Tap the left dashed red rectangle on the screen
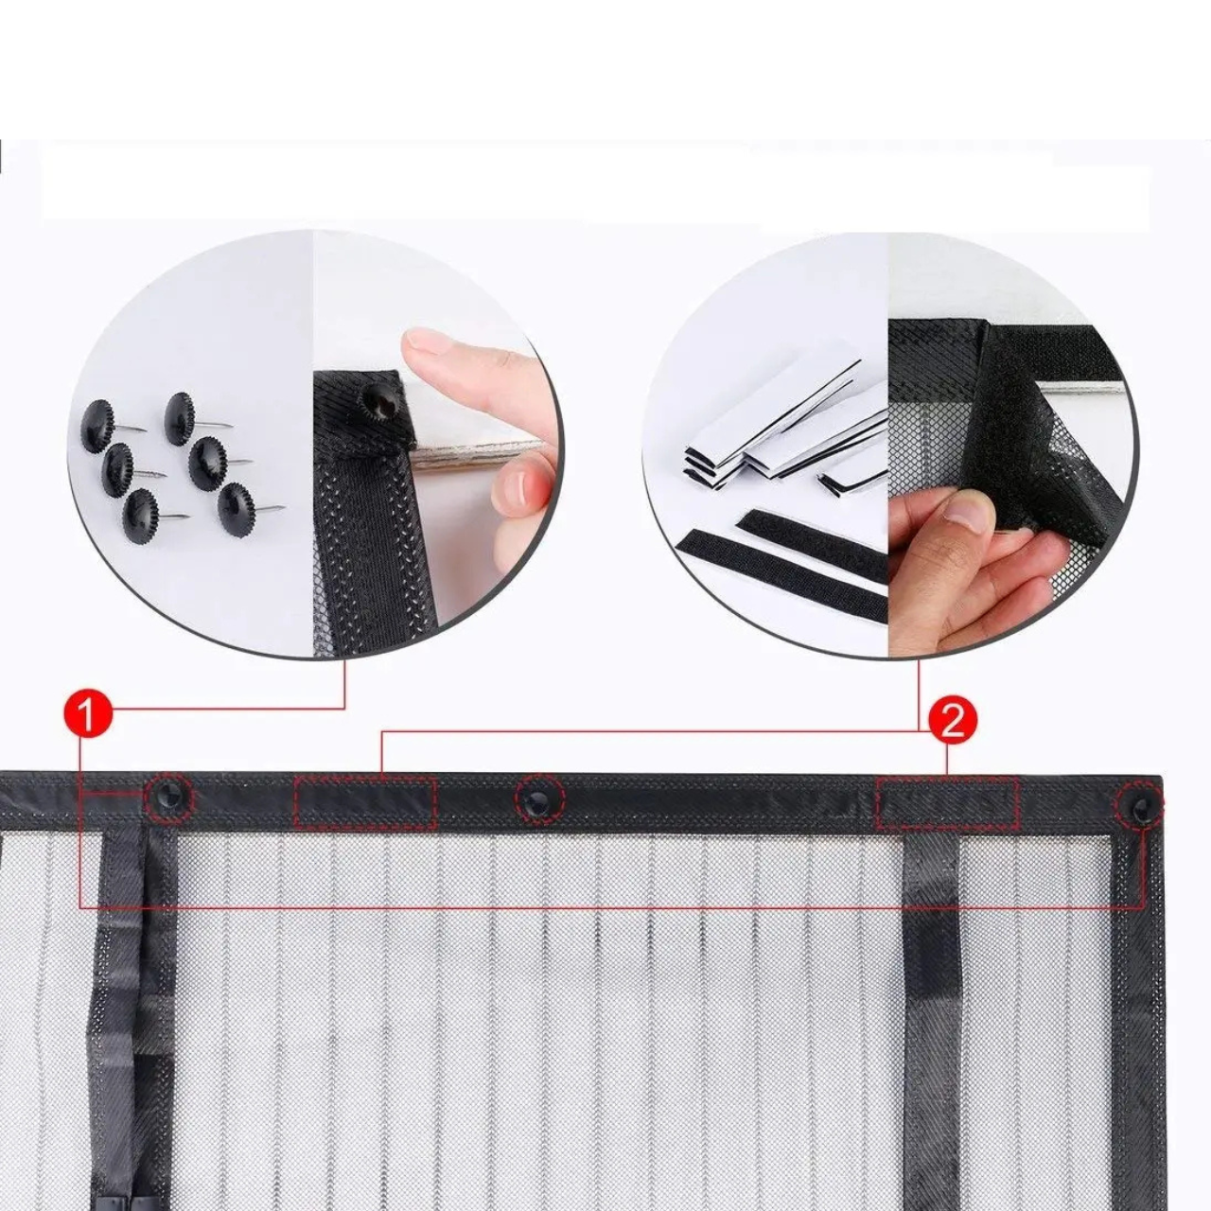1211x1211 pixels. (x=365, y=804)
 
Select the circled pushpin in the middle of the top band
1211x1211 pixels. (x=540, y=799)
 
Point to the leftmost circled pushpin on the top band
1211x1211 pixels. (x=169, y=798)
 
